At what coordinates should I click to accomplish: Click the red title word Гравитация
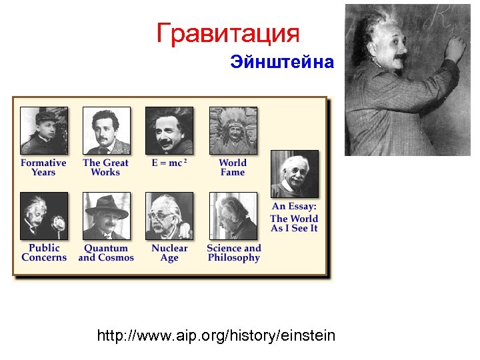click(228, 33)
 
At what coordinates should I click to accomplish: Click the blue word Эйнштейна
click(281, 63)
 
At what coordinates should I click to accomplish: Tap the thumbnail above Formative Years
click(44, 131)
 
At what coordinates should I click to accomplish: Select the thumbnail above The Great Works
click(107, 131)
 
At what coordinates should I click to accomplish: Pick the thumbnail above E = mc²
click(169, 131)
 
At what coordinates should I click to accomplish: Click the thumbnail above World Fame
click(233, 131)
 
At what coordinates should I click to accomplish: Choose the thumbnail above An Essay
click(294, 174)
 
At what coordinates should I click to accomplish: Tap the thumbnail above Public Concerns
click(44, 216)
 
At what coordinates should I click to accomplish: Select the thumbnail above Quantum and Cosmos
click(107, 216)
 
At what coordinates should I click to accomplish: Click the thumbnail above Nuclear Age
click(169, 216)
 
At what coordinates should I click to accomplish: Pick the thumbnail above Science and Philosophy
click(233, 216)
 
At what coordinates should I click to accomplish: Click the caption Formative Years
click(44, 167)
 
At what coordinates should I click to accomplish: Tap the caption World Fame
click(233, 167)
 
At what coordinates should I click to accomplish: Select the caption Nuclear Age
click(169, 253)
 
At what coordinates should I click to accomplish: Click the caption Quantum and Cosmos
click(107, 253)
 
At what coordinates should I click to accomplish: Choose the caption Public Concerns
click(44, 253)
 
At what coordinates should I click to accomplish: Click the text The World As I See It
click(294, 223)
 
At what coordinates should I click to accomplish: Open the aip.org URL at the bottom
click(216, 335)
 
